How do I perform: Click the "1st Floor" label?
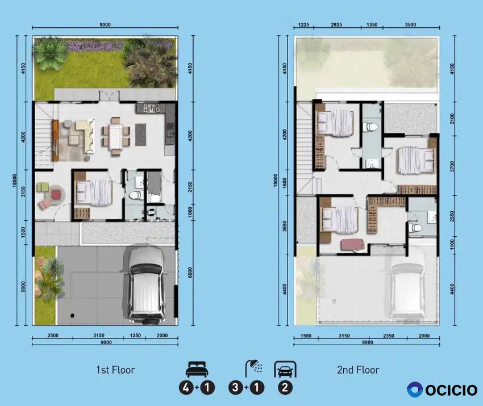(115, 370)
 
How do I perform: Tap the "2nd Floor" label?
(358, 370)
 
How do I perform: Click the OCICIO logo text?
(451, 390)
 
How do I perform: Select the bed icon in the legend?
(197, 369)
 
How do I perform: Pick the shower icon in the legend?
(254, 368)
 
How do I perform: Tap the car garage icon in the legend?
(285, 369)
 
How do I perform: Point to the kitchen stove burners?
(151, 108)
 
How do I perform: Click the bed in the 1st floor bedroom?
(94, 193)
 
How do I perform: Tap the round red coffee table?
(56, 195)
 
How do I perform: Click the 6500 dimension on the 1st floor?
(190, 273)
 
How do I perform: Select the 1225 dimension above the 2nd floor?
(304, 24)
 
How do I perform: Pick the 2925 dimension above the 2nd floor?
(336, 24)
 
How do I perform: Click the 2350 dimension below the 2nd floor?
(389, 336)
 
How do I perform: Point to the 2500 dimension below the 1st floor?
(53, 336)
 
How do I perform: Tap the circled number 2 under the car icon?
(285, 387)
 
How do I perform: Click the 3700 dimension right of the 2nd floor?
(452, 166)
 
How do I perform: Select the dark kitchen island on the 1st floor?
(141, 135)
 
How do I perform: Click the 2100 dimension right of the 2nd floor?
(452, 119)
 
